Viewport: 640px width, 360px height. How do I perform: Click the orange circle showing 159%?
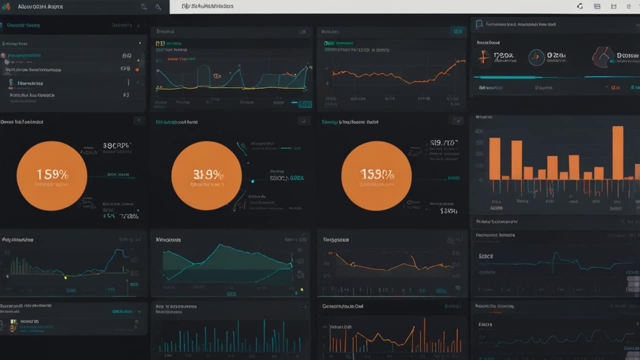[51, 175]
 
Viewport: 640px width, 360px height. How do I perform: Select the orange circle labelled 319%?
[206, 175]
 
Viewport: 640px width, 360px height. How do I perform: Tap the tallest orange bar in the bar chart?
[618, 152]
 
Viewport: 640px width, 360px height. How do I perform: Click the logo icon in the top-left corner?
[6, 6]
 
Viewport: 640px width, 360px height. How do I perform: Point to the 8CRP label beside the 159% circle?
[116, 146]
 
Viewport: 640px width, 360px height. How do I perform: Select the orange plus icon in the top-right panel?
[483, 57]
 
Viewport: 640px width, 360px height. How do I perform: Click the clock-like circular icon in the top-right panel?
[536, 57]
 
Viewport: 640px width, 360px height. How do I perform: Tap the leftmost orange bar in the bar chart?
[494, 158]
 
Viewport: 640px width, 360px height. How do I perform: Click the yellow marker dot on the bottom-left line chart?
[65, 276]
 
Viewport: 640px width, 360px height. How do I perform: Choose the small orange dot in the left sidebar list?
[137, 69]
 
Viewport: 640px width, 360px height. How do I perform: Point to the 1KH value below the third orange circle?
[448, 211]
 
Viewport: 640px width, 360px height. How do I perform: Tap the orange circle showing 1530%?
[376, 175]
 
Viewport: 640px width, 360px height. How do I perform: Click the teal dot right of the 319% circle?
[252, 181]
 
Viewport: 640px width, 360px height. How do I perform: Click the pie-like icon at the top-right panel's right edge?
[603, 57]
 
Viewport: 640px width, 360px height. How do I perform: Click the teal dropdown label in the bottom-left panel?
[123, 311]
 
